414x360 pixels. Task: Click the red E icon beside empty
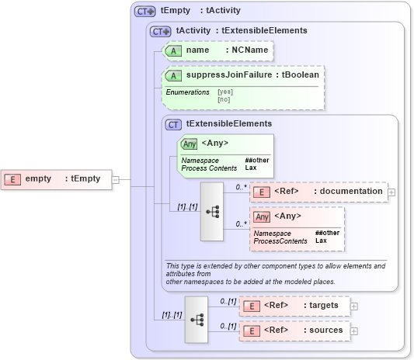pos(12,178)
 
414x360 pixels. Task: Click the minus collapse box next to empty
pos(116,178)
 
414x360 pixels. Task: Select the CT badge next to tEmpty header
pos(145,12)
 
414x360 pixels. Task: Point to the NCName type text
pos(246,50)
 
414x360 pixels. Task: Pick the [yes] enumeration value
pos(224,92)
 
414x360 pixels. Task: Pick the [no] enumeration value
pos(224,99)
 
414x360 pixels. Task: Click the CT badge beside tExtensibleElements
pos(174,124)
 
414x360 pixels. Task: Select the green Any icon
pos(189,144)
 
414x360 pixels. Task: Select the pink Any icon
pos(263,216)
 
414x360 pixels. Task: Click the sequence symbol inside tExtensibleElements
pos(212,211)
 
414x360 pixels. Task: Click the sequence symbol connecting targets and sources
pos(197,318)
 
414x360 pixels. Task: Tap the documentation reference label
pos(348,192)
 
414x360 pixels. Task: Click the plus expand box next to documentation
pos(391,192)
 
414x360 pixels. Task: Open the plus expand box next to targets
pos(354,306)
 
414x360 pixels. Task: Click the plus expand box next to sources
pos(354,331)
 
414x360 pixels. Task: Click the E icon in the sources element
pos(251,331)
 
